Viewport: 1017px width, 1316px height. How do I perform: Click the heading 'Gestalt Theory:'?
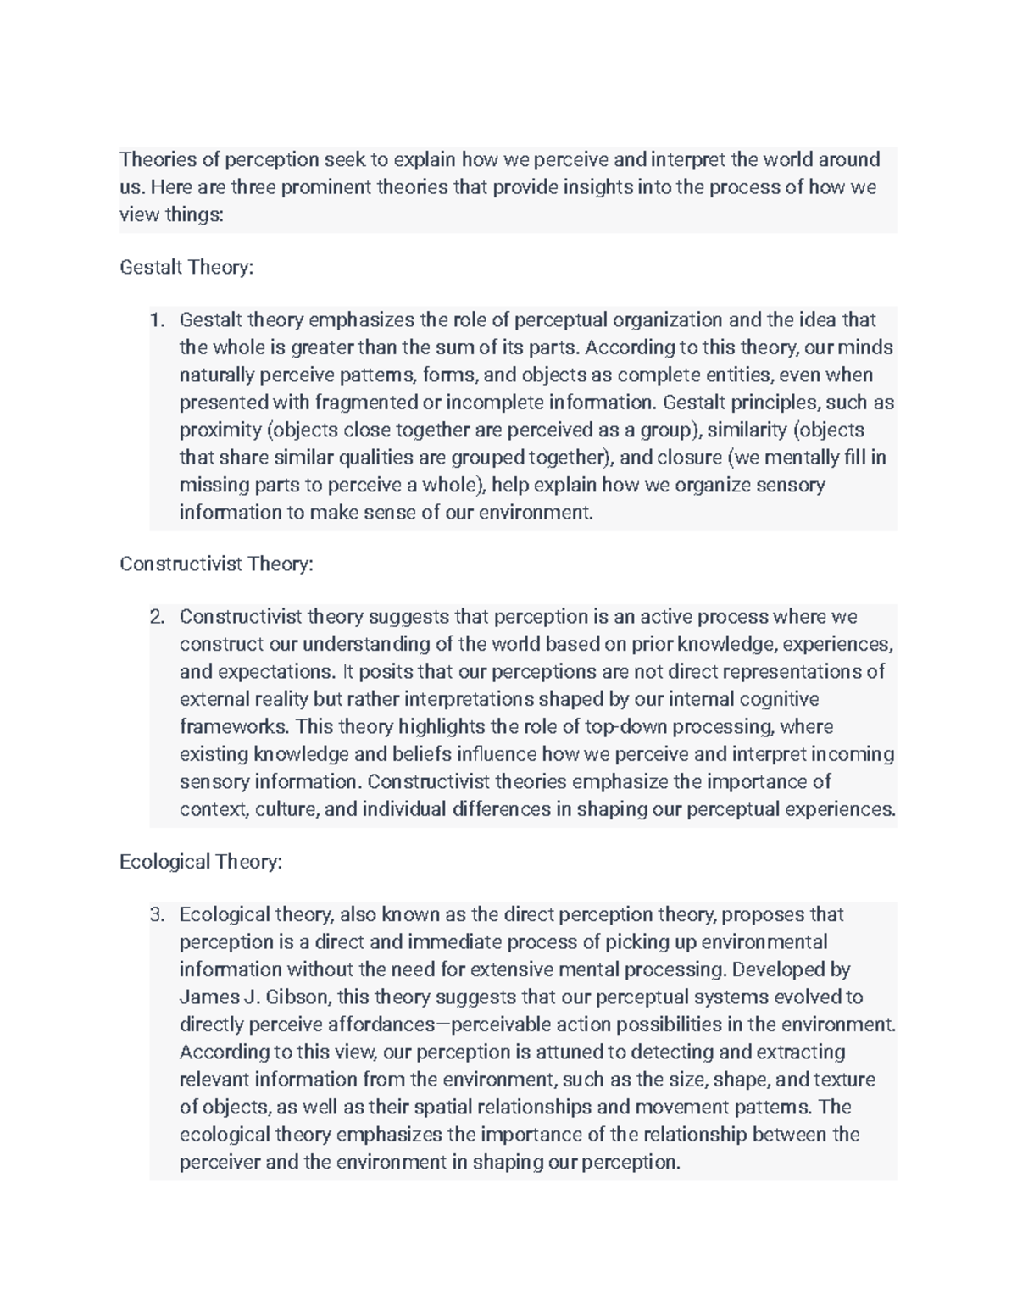click(x=186, y=268)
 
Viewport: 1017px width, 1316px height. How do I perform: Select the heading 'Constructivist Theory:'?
click(x=216, y=564)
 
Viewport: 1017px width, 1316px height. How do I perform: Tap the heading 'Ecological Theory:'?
click(x=201, y=862)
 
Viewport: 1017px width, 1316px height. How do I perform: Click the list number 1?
click(x=156, y=320)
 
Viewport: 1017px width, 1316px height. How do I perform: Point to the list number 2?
click(x=156, y=617)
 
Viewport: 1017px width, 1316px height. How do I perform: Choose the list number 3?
click(x=156, y=914)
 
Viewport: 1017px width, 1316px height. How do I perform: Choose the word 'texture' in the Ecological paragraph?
click(x=845, y=1080)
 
